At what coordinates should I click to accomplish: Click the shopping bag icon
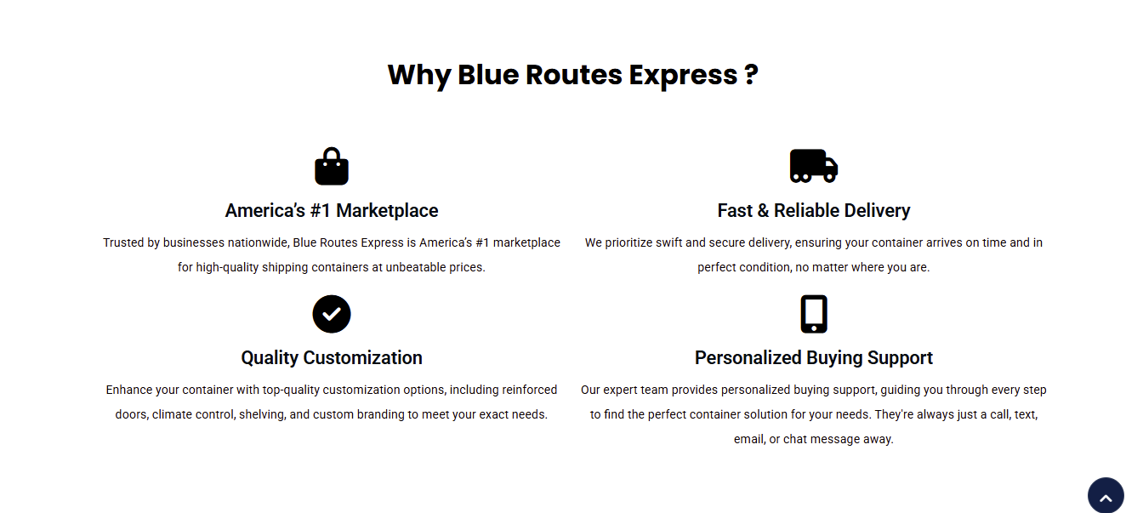pyautogui.click(x=331, y=167)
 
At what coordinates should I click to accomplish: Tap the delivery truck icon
pyautogui.click(x=813, y=166)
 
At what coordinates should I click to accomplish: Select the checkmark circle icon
pyautogui.click(x=331, y=314)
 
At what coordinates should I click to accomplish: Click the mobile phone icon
pyautogui.click(x=813, y=314)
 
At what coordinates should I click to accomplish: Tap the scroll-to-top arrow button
pyautogui.click(x=1106, y=496)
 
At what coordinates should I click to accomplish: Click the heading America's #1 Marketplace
pyautogui.click(x=331, y=210)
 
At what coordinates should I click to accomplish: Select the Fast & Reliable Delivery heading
pyautogui.click(x=813, y=210)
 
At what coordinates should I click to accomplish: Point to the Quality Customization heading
pyautogui.click(x=331, y=358)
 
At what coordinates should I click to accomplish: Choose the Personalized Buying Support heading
pyautogui.click(x=813, y=358)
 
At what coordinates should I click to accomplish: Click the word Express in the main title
pyautogui.click(x=683, y=76)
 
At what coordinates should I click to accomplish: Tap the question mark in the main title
pyautogui.click(x=751, y=75)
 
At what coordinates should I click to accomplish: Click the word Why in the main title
pyautogui.click(x=419, y=76)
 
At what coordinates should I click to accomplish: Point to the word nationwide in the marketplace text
pyautogui.click(x=259, y=242)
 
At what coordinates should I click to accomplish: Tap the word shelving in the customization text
pyautogui.click(x=262, y=414)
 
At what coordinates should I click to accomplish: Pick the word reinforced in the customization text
pyautogui.click(x=529, y=390)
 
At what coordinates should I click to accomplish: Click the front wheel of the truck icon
pyautogui.click(x=830, y=177)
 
